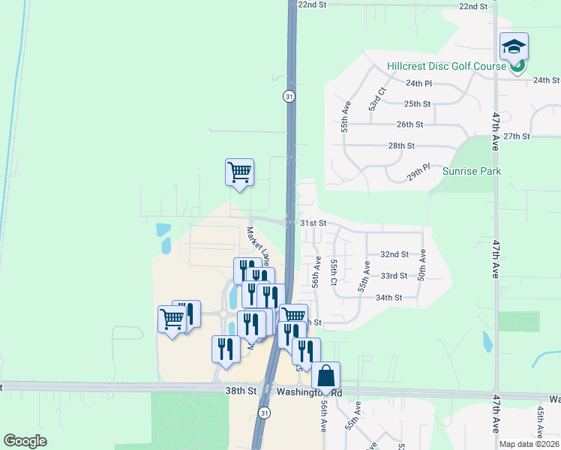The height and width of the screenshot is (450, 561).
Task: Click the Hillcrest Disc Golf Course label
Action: pyautogui.click(x=447, y=66)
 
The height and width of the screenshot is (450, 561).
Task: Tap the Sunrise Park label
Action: pyautogui.click(x=472, y=171)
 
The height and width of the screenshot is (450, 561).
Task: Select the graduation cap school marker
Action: pyautogui.click(x=514, y=47)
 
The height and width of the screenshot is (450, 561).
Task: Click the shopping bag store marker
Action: pyautogui.click(x=326, y=375)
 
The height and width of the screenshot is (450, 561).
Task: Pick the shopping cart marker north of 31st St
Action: pyautogui.click(x=239, y=172)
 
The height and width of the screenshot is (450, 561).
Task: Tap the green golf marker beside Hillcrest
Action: pyautogui.click(x=517, y=67)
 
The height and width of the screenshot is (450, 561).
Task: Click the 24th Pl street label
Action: pyautogui.click(x=419, y=83)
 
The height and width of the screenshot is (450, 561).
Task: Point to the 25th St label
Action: pyautogui.click(x=417, y=103)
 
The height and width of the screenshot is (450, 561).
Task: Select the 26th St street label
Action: pyautogui.click(x=410, y=124)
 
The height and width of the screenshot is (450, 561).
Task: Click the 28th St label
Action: pyautogui.click(x=401, y=145)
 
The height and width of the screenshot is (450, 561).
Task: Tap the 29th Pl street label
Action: pyautogui.click(x=418, y=173)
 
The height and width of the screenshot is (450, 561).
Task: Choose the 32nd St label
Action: pyautogui.click(x=394, y=255)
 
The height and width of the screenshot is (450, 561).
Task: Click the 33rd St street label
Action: pyautogui.click(x=394, y=276)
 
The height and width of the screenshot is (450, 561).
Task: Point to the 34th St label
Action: pyautogui.click(x=389, y=297)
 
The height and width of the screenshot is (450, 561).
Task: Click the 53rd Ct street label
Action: pyautogui.click(x=376, y=100)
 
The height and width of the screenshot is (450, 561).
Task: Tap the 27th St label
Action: pyautogui.click(x=517, y=136)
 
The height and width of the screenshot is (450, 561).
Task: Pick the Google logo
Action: pyautogui.click(x=25, y=441)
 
